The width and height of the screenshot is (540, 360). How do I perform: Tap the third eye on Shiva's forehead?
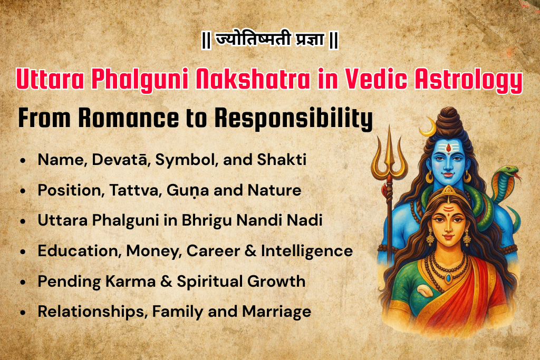tap(448, 148)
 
